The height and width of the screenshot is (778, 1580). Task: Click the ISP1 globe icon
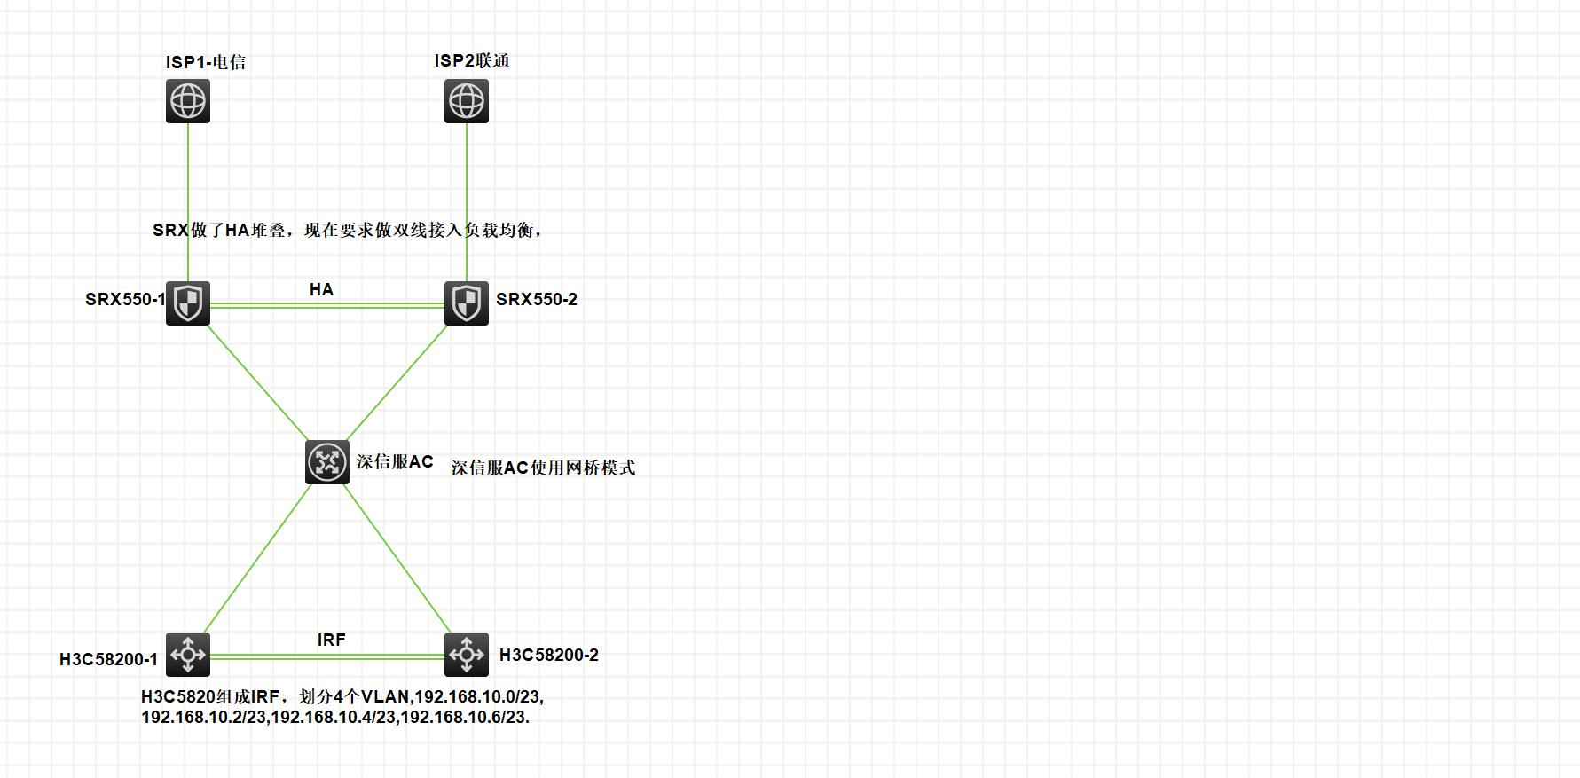click(x=188, y=101)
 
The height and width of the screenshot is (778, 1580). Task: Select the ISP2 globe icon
click(x=467, y=101)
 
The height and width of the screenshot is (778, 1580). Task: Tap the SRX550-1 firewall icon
click(x=188, y=303)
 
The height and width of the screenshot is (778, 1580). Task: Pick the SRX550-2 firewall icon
click(x=467, y=303)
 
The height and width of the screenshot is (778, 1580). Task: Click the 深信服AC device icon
click(x=327, y=462)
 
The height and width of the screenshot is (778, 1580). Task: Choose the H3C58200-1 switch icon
click(x=188, y=655)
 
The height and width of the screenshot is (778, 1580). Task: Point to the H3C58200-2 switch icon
click(x=467, y=655)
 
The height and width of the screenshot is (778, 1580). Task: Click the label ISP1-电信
click(x=206, y=62)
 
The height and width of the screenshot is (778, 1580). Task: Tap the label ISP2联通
click(x=472, y=61)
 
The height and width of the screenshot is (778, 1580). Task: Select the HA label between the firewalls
click(x=321, y=289)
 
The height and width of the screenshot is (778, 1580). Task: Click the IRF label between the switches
click(x=332, y=640)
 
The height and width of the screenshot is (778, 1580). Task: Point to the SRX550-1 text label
click(x=125, y=300)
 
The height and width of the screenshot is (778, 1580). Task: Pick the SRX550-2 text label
click(x=537, y=300)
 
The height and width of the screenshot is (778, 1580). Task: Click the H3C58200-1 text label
click(x=108, y=659)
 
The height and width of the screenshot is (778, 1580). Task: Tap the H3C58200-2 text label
click(x=549, y=656)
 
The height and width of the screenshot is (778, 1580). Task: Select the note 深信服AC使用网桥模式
click(x=543, y=468)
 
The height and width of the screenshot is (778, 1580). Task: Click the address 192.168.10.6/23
click(x=465, y=717)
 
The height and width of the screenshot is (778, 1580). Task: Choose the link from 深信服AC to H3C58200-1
click(x=257, y=559)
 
